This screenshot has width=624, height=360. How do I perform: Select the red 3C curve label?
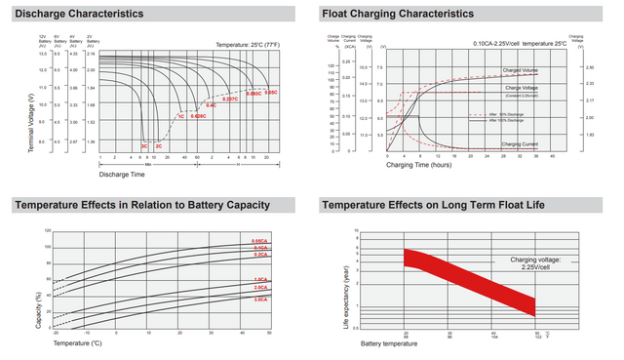coord(144,145)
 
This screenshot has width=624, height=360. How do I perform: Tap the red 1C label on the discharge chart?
coord(180,116)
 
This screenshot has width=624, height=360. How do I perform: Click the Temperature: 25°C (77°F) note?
coord(243,45)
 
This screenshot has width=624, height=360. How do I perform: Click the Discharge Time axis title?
coord(121,175)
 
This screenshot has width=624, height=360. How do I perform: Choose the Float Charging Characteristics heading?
coord(398,15)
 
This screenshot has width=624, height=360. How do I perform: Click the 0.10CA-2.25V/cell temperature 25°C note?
coord(520,45)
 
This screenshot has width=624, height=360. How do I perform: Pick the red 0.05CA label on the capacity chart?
coord(259,241)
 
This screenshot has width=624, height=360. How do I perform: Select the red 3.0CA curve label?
coord(260,299)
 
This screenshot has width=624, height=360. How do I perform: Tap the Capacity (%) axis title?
coord(39,308)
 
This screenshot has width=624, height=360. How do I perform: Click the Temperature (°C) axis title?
coord(77,343)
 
